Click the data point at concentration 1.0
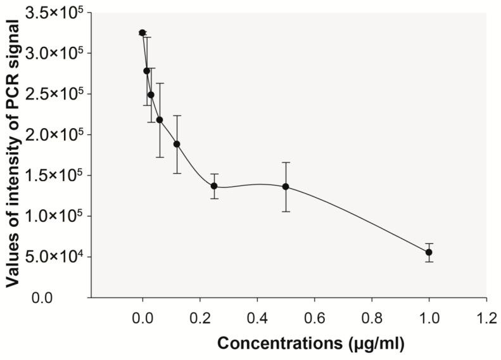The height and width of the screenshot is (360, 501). (x=429, y=252)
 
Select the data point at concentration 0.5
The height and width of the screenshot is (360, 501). (x=286, y=186)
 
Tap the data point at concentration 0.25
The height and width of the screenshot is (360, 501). (x=214, y=186)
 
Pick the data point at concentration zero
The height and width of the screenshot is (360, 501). (x=143, y=32)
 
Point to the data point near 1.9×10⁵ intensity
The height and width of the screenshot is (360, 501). (x=177, y=144)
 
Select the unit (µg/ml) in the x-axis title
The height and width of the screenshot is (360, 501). (x=373, y=343)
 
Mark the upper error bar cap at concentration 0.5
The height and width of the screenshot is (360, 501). (x=286, y=163)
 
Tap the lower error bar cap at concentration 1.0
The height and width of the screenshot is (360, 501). (x=429, y=262)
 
